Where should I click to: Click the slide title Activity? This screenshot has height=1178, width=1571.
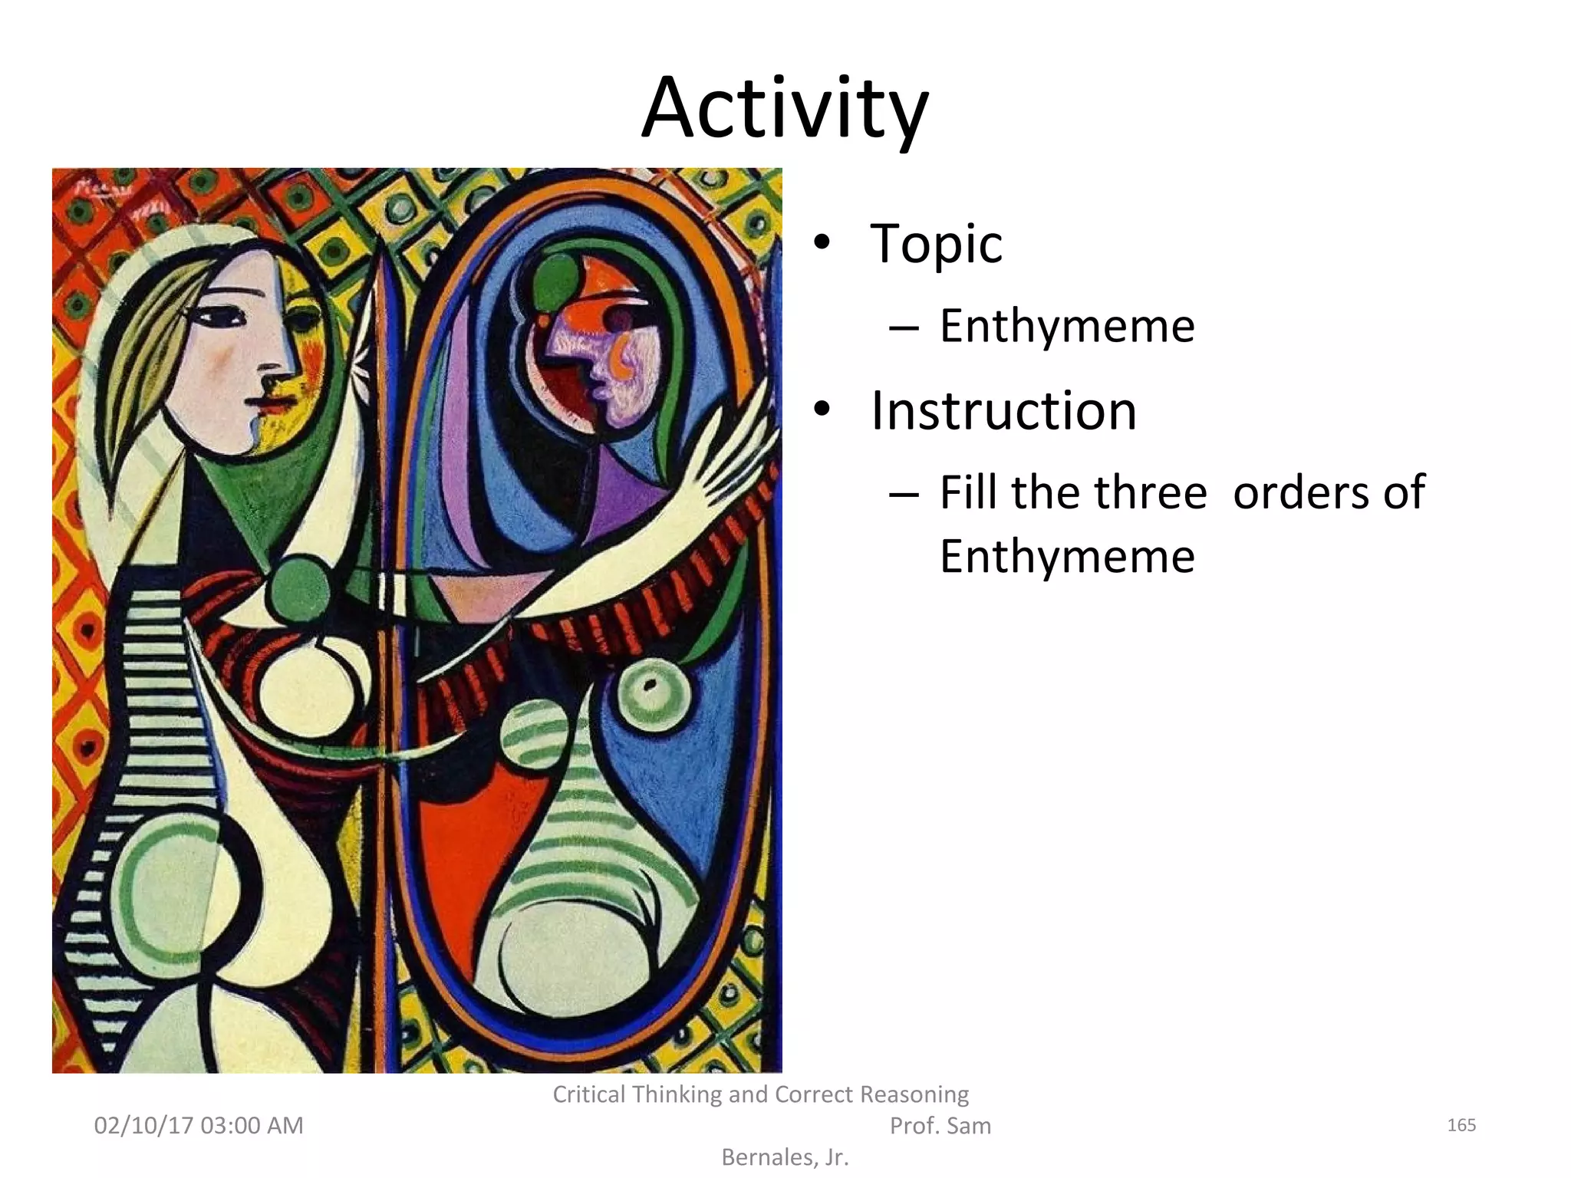tap(785, 109)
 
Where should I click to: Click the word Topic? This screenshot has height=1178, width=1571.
tap(936, 244)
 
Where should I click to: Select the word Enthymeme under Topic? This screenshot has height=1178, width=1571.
tap(1067, 326)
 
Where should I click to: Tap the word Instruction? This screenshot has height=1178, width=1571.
tap(1003, 411)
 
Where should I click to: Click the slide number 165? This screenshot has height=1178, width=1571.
tap(1461, 1125)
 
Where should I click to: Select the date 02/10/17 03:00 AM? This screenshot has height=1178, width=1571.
tap(199, 1125)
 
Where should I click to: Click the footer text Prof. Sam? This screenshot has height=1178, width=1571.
tap(940, 1126)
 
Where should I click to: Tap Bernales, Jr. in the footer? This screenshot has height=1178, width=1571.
tap(785, 1157)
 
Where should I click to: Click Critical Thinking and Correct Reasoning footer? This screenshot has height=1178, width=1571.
tap(760, 1094)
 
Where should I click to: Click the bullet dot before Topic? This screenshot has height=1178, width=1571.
tap(822, 244)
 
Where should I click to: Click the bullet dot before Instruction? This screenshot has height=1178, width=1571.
tap(822, 411)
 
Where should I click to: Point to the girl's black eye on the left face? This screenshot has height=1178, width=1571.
tap(219, 316)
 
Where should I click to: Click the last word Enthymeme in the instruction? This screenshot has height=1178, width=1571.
tap(1067, 556)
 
